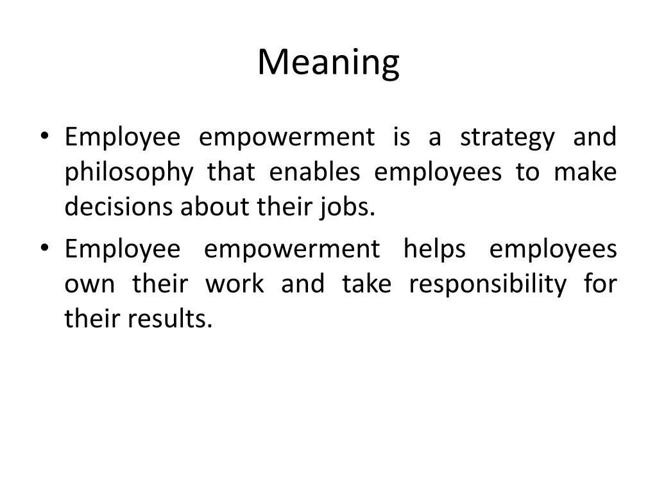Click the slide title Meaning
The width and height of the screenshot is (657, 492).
pos(328,63)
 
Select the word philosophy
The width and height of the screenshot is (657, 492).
pos(128,173)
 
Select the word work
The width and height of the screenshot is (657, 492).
pos(234,284)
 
